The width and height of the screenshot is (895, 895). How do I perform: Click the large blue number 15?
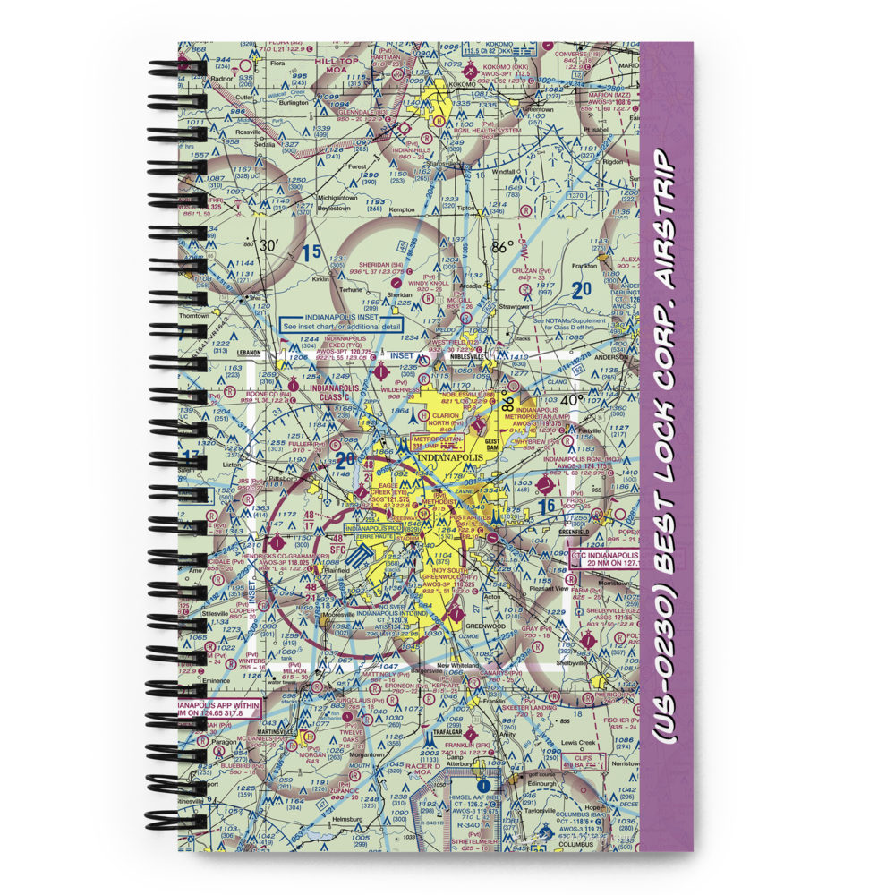coord(310,253)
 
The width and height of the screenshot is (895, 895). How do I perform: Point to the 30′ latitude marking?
coord(268,244)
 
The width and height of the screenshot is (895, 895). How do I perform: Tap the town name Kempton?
coord(402,209)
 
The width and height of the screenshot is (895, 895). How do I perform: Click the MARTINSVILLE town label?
coord(250,730)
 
